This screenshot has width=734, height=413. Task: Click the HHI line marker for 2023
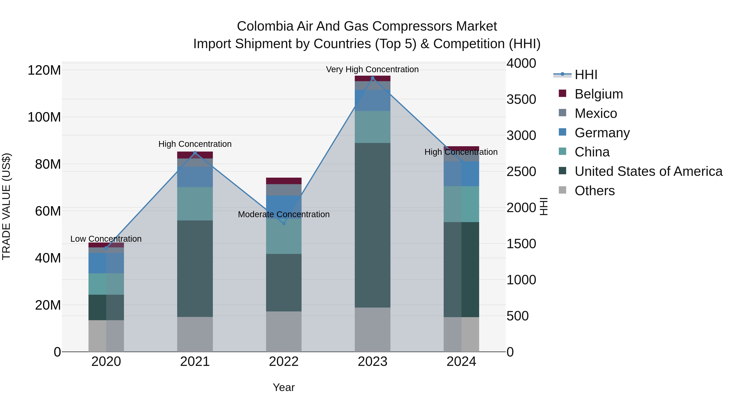point(373,78)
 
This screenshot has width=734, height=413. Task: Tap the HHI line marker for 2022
point(284,224)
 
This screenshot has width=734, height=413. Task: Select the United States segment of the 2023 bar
point(373,225)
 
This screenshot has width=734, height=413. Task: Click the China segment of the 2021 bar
point(195,204)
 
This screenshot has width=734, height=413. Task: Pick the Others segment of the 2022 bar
point(284,331)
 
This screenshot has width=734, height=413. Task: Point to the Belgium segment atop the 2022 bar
point(284,181)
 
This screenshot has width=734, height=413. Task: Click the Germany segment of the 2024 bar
point(461,174)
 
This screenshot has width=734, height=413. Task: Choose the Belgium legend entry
point(598,94)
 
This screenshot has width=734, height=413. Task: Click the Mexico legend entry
point(596,113)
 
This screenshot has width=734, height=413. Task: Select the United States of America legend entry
point(648,171)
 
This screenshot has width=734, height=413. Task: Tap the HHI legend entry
point(586,75)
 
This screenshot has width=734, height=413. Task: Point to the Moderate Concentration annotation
point(284,214)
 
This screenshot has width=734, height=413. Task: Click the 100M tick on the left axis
point(44,117)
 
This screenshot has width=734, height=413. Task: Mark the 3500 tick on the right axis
point(521,100)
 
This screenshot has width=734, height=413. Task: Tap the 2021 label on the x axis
point(195,362)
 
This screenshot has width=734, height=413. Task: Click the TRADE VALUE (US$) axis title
point(6,206)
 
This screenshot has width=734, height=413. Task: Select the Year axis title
point(284,387)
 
